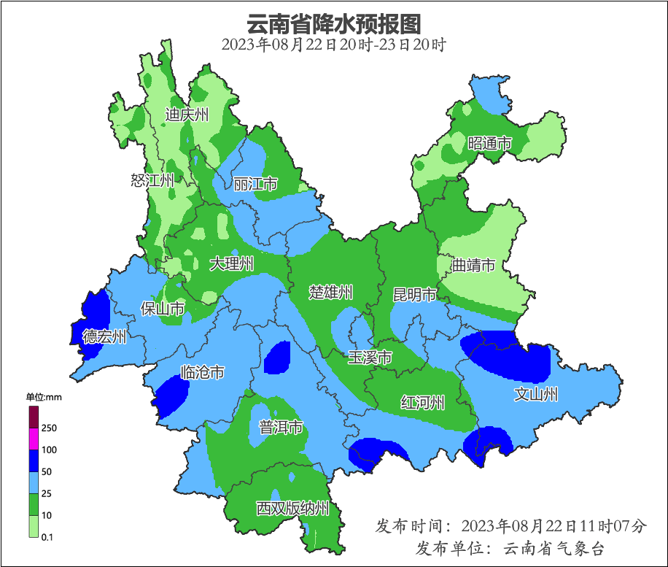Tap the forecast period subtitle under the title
coord(333,45)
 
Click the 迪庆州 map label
coord(187,115)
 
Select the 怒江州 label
coord(152,180)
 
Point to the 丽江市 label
coord(255,185)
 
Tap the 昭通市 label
coord(489,143)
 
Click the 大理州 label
coord(231,263)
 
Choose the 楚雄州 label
coord(330,293)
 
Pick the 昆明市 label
coord(414,295)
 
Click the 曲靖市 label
coord(473,265)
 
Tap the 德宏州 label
coord(104,336)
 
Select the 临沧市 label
coord(201,372)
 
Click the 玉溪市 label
coord(370,358)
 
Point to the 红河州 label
coord(422,402)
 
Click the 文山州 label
coord(536,395)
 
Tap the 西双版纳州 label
coord(292,509)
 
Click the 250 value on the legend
coord(50,428)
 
